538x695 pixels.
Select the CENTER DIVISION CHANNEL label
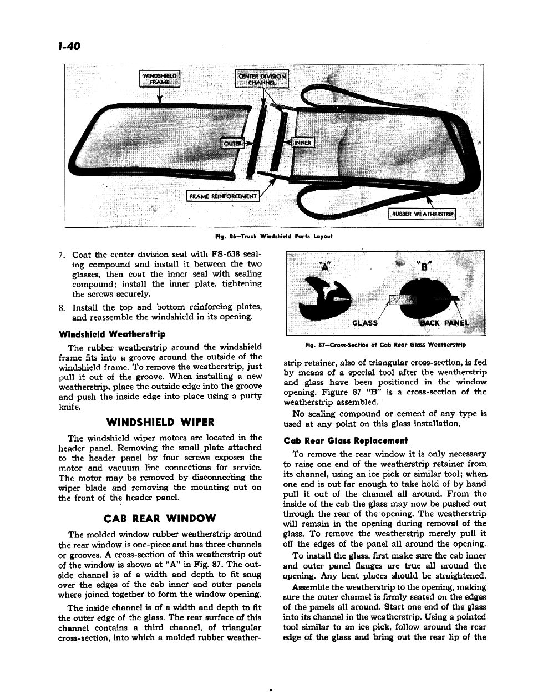point(262,79)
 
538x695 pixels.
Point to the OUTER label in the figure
point(232,143)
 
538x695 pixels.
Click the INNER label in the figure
point(303,143)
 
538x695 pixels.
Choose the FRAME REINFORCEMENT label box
point(223,196)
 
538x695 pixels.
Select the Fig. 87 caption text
point(385,345)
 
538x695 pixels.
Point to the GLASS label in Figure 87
point(365,323)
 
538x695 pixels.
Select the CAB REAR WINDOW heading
point(160,519)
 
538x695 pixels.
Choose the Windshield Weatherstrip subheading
point(111,334)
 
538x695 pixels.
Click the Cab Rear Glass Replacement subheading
point(346,441)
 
